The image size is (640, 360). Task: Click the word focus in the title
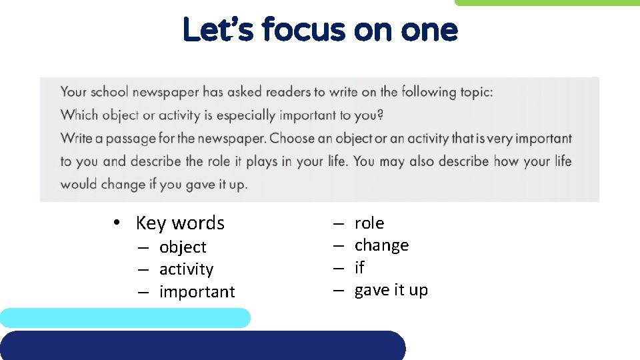pos(304,30)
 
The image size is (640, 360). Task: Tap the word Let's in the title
pos(217,30)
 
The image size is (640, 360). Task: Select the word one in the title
pos(425,30)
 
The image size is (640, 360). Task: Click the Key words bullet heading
pos(180,223)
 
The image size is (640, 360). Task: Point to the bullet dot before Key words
pos(116,223)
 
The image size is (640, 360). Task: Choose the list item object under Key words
pos(183,247)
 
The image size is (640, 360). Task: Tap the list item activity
pos(186,269)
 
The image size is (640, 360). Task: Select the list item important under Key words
pos(197,292)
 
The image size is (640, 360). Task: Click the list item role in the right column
pos(369,223)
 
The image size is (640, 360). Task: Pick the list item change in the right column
pos(381,245)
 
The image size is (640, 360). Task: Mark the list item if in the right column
pos(359,267)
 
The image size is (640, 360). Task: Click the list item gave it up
pos(391,290)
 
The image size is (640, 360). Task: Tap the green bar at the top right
pos(547,3)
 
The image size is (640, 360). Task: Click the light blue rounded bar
pos(125,318)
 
